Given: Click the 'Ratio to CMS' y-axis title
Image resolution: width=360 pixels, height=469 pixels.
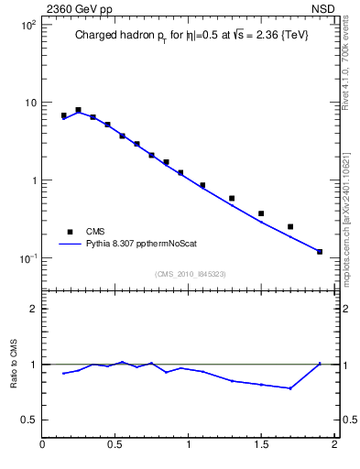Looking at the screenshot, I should [14, 364].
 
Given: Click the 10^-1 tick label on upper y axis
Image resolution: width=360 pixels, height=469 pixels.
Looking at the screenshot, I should [27, 258].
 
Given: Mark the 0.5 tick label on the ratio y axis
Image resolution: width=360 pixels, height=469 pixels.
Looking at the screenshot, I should [29, 420].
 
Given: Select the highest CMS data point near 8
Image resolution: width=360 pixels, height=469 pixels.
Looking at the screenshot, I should [78, 110].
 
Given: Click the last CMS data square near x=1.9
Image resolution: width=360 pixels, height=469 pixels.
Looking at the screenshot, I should [320, 251].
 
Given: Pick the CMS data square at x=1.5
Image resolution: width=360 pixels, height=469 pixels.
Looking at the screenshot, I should [261, 213].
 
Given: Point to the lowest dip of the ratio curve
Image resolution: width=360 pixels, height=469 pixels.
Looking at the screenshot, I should [290, 388].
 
